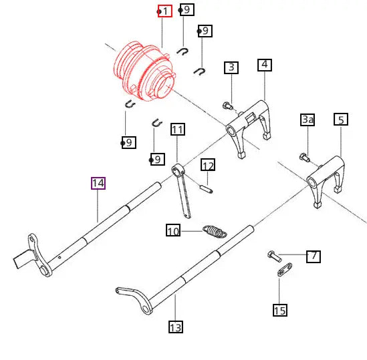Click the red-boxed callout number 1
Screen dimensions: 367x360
(165, 11)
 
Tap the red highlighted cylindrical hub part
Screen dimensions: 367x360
(144, 71)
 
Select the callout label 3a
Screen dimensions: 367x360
(308, 120)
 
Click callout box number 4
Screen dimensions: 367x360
(265, 65)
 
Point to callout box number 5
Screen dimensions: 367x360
(341, 120)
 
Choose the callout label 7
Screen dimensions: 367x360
(314, 256)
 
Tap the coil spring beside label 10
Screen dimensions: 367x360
(215, 231)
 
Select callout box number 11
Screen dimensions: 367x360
(178, 129)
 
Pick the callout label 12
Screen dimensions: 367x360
(208, 165)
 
